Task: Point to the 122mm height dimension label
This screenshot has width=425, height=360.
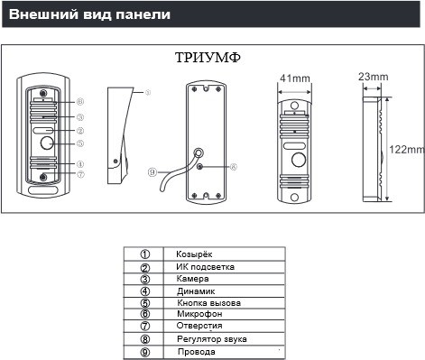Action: click(407, 148)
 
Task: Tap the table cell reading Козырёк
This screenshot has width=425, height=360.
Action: click(194, 255)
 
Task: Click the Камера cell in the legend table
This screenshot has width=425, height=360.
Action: click(193, 279)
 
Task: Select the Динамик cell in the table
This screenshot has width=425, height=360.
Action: click(194, 291)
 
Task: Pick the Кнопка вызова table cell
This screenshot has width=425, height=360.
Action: click(208, 302)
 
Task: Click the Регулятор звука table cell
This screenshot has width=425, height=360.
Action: click(212, 337)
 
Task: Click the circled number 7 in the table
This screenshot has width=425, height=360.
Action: click(144, 326)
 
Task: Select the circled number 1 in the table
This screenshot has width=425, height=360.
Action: click(144, 255)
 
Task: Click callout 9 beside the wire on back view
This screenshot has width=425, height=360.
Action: click(152, 171)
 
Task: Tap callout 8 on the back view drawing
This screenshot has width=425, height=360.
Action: click(233, 165)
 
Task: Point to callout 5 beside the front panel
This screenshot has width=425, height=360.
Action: click(79, 143)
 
